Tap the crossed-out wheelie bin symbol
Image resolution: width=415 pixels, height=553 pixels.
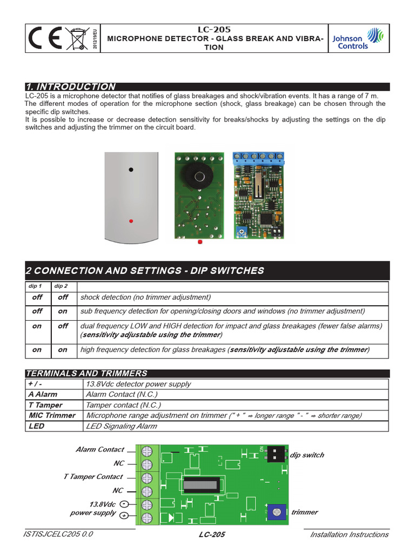click(79, 39)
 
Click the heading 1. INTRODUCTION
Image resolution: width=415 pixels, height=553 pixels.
click(71, 86)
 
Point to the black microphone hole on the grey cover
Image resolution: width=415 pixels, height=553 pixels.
click(130, 170)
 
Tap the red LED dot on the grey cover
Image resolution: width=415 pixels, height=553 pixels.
click(130, 221)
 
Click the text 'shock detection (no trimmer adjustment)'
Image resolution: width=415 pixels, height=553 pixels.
click(145, 297)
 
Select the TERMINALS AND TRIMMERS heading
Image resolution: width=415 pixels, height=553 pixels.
click(86, 373)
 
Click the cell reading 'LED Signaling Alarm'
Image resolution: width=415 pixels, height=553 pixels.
click(121, 426)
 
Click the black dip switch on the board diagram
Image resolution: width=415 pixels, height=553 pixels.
click(276, 454)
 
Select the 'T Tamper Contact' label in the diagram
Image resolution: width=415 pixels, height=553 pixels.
click(93, 477)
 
